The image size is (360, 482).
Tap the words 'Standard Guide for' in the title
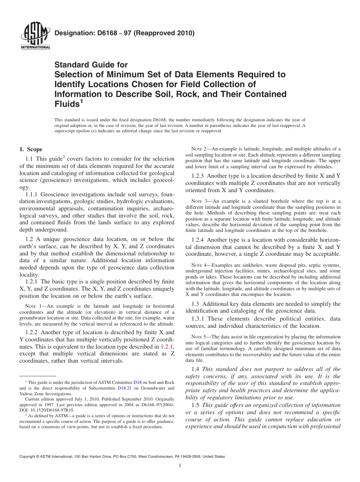[91, 65]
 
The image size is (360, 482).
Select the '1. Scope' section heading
[31, 149]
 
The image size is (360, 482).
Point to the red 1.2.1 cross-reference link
[167, 347]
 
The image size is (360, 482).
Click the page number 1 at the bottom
[180, 466]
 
